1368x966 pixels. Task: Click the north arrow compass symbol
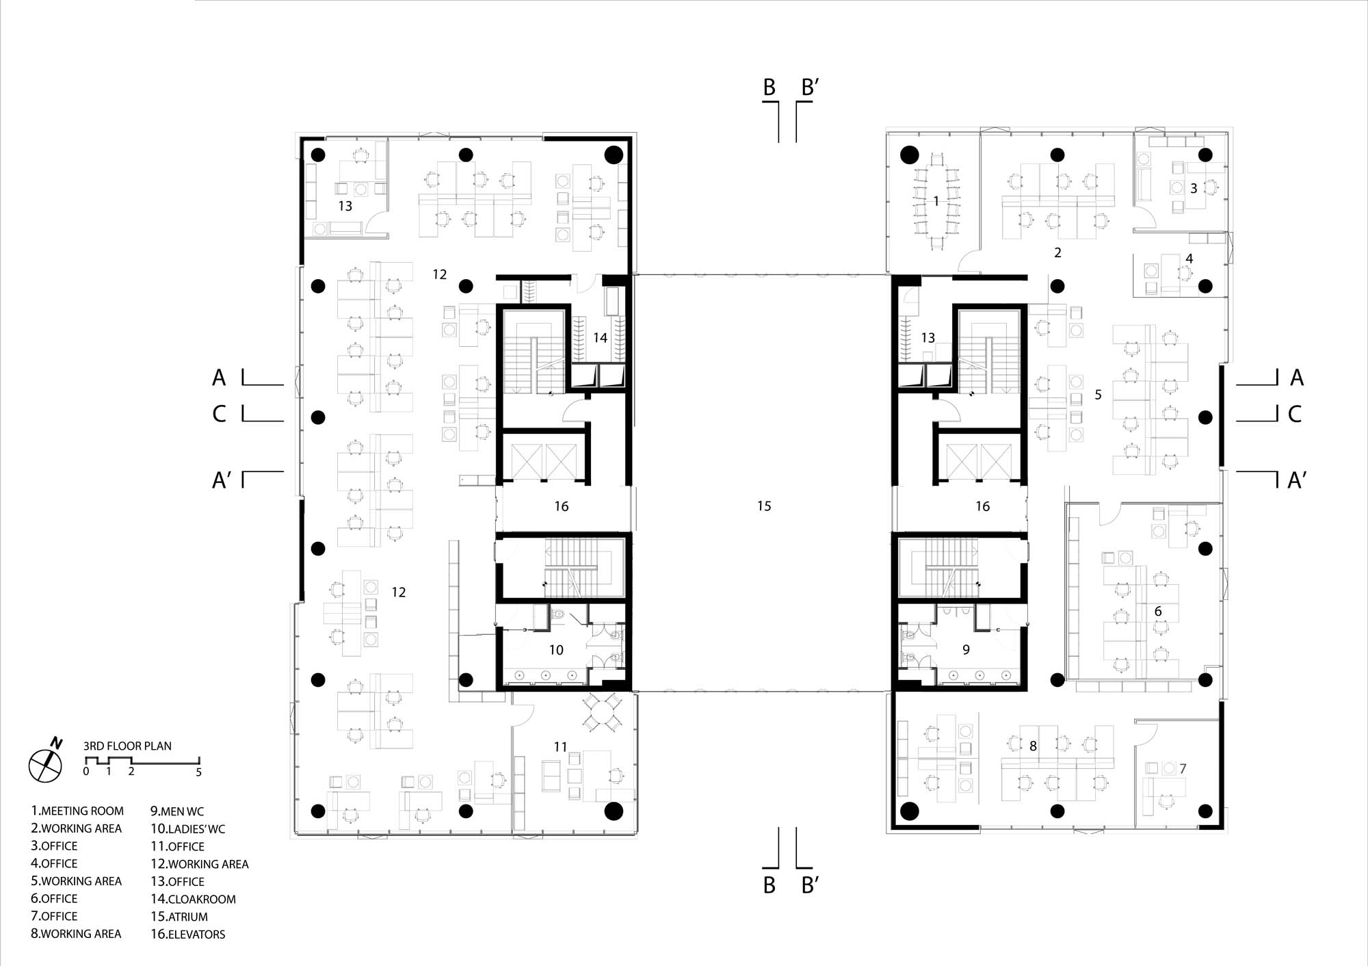click(x=46, y=763)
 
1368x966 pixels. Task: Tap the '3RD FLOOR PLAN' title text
click(x=127, y=746)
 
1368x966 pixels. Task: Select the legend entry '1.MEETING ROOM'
click(x=77, y=811)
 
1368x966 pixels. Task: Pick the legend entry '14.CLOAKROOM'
click(x=193, y=899)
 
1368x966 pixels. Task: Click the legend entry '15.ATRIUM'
click(x=179, y=917)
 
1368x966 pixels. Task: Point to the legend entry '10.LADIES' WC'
click(x=187, y=829)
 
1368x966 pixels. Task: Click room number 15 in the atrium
click(x=764, y=506)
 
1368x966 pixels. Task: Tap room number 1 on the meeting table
click(x=936, y=201)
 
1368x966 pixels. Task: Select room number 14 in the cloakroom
click(x=600, y=337)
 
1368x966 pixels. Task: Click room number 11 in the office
click(x=561, y=747)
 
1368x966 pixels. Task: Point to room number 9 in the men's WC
click(x=966, y=649)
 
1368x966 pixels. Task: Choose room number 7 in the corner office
click(x=1183, y=768)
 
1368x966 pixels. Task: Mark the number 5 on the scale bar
click(x=199, y=772)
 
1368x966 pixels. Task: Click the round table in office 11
click(x=602, y=713)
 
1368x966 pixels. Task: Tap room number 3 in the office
click(x=1194, y=188)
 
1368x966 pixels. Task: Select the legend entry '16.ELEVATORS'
click(x=188, y=934)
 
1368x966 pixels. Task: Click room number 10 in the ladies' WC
click(x=556, y=650)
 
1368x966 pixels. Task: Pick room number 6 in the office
click(x=1158, y=611)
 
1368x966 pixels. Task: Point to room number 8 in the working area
click(x=1033, y=746)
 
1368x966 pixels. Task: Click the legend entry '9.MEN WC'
click(x=177, y=811)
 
